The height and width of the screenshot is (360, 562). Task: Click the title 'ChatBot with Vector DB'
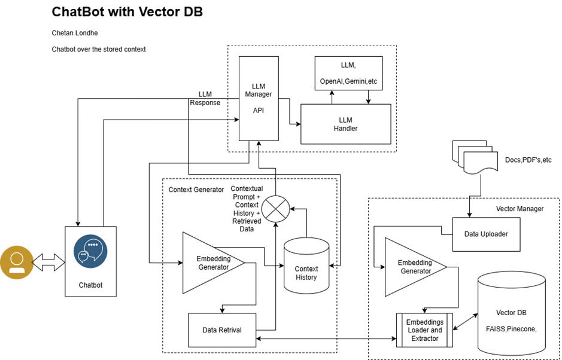(127, 12)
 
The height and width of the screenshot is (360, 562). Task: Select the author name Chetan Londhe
(75, 33)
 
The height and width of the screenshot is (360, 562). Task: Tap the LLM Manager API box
(259, 98)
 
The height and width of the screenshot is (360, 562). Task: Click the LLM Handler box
(345, 124)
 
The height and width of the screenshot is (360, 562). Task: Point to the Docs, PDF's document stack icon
(476, 159)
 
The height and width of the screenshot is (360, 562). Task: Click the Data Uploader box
(486, 234)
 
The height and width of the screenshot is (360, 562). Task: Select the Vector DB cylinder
(511, 317)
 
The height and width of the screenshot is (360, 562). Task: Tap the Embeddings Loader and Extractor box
(424, 330)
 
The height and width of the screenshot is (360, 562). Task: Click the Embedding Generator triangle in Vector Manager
(411, 267)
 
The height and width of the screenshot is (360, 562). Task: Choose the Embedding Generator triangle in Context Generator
(209, 263)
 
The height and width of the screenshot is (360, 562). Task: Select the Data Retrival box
(222, 329)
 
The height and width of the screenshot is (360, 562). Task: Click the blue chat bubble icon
(90, 251)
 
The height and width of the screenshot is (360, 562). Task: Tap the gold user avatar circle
(16, 263)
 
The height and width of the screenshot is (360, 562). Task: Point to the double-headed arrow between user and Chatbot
(48, 262)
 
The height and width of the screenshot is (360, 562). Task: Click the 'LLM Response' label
(205, 98)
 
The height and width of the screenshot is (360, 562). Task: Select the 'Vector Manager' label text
(520, 208)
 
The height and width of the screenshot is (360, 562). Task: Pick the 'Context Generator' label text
(196, 190)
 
